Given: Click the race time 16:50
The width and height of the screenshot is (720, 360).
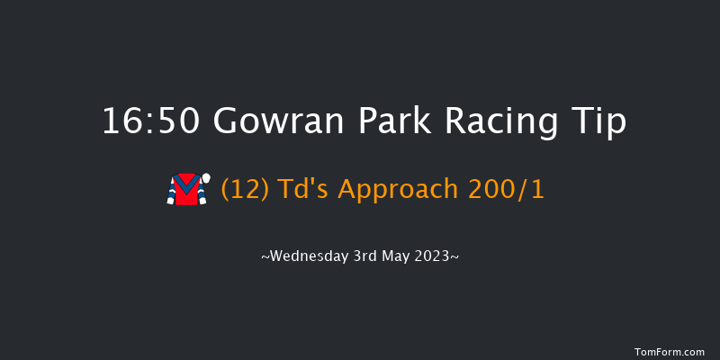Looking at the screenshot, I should tap(151, 121).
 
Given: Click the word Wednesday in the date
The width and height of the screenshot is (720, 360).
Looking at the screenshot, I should tap(306, 256).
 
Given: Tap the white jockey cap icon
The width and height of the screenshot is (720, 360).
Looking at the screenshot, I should tap(205, 178).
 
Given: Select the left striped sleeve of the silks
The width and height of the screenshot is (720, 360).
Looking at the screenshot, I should tap(171, 192).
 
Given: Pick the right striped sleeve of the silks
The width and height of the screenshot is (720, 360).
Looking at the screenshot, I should tap(202, 192).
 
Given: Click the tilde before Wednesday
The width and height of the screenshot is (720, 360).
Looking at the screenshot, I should tap(265, 256).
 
